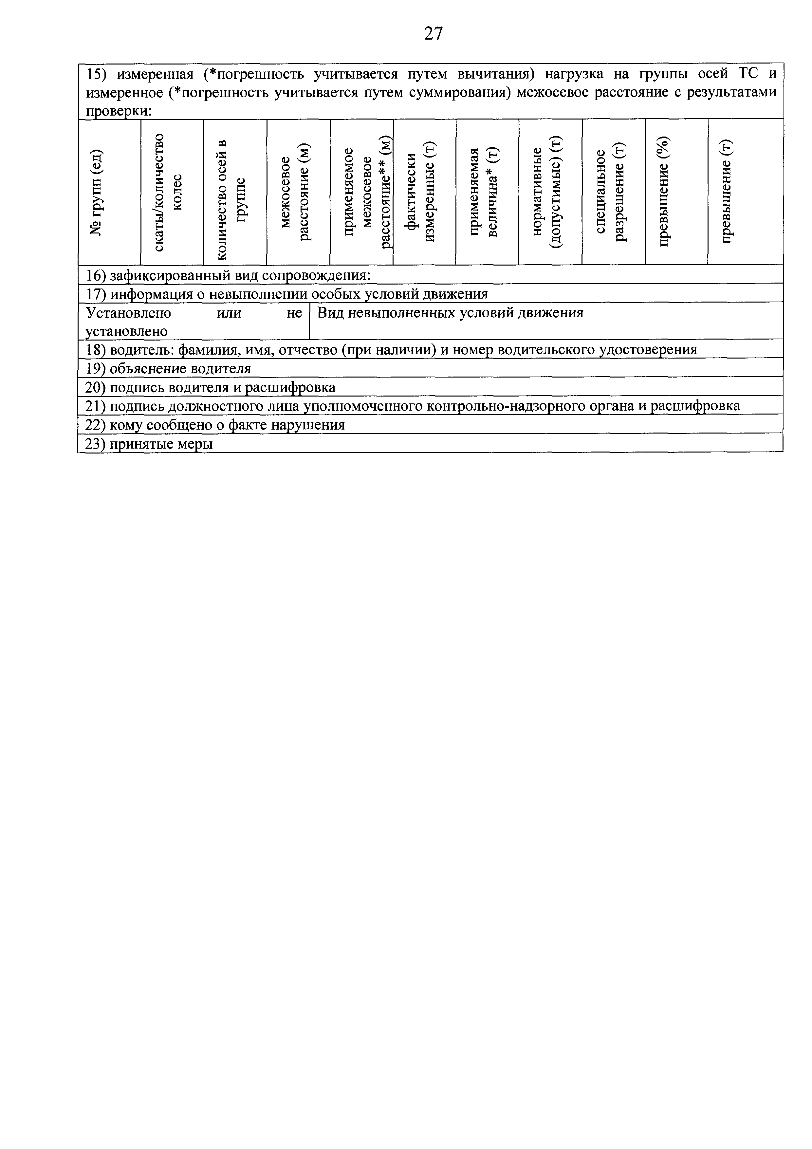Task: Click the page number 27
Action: [433, 33]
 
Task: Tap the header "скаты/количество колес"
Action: [167, 193]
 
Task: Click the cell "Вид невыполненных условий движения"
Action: [450, 313]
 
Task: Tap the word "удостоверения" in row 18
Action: [648, 350]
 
